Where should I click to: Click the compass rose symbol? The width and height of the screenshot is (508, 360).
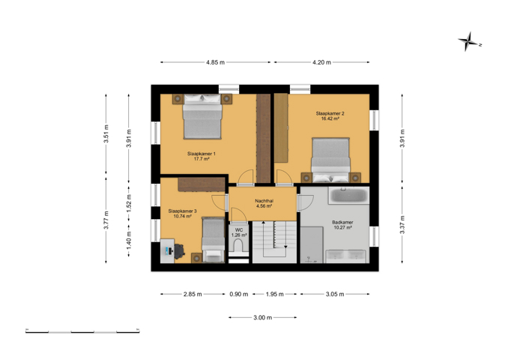pos(469,42)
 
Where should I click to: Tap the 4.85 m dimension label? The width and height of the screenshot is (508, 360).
pos(216,62)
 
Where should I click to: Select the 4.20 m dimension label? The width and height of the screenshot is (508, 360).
pos(321,62)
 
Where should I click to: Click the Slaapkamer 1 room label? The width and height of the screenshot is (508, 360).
pos(202,154)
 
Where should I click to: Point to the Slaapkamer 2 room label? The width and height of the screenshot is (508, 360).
pos(330,113)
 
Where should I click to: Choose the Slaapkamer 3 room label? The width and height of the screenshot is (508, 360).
pos(182,211)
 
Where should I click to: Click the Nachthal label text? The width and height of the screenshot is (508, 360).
pos(264,201)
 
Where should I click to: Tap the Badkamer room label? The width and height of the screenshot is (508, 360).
pos(342,223)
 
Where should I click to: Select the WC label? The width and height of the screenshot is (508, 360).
pos(239,230)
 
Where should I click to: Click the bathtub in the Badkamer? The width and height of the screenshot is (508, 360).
pos(348,195)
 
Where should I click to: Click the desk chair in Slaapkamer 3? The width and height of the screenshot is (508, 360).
pos(180,251)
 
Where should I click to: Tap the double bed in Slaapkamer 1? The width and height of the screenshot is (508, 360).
pos(202,117)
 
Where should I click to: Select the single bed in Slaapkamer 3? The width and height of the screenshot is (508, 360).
pos(214,240)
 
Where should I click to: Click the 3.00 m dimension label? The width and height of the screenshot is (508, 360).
pos(263,317)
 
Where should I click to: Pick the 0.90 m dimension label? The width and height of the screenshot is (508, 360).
pos(239,294)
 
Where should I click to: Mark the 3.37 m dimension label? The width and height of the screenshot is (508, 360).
pos(402,224)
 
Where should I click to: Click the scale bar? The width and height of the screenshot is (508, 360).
pos(82,331)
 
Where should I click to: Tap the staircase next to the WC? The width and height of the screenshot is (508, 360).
pos(274,242)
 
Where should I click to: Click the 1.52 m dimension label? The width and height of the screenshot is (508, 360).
pos(129,203)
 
